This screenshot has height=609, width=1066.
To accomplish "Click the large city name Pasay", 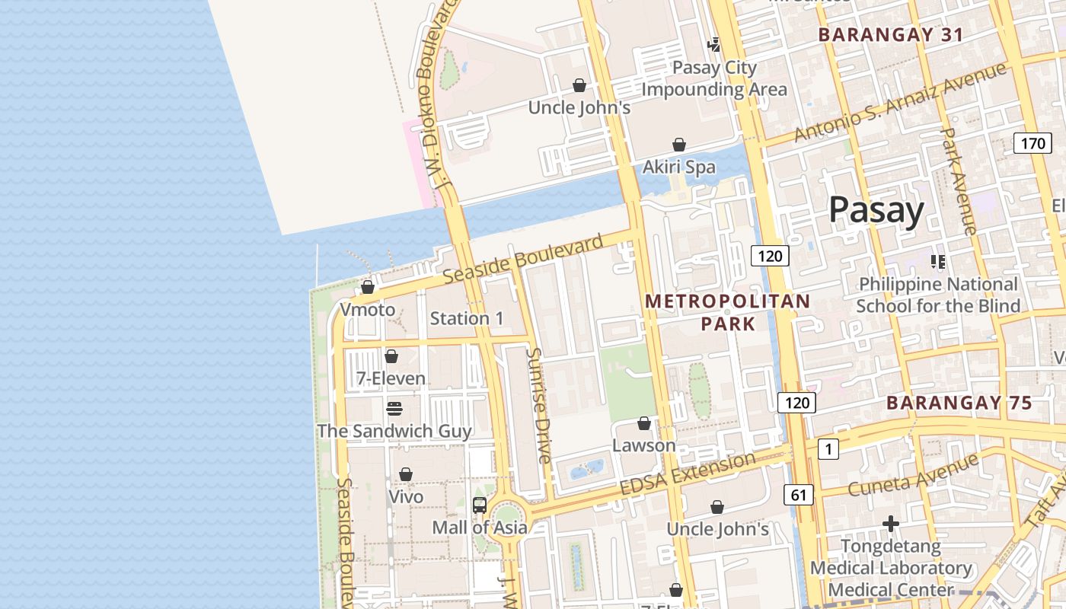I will pyautogui.click(x=876, y=209).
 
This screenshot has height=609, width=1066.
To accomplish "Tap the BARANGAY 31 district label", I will pyautogui.click(x=890, y=34).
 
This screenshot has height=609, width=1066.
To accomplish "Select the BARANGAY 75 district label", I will pyautogui.click(x=959, y=403).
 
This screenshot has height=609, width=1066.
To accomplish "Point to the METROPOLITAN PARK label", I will pyautogui.click(x=727, y=312).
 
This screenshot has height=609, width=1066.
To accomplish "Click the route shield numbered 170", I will pyautogui.click(x=1032, y=143).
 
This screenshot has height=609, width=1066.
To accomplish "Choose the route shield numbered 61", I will pyautogui.click(x=798, y=496).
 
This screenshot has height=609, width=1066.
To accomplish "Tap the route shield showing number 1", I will pyautogui.click(x=828, y=450).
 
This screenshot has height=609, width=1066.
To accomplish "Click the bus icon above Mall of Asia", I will pyautogui.click(x=480, y=505).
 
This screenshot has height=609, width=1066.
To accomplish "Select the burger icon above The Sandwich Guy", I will pyautogui.click(x=394, y=409).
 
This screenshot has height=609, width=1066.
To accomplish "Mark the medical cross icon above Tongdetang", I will pyautogui.click(x=891, y=524).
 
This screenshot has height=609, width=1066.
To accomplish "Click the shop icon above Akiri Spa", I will pyautogui.click(x=678, y=145).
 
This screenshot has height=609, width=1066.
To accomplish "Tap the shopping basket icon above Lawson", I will pyautogui.click(x=644, y=423).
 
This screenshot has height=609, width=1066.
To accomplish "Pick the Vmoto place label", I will pyautogui.click(x=368, y=310).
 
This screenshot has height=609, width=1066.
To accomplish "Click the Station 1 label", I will pyautogui.click(x=467, y=318).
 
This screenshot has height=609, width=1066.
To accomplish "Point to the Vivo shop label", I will pyautogui.click(x=406, y=496).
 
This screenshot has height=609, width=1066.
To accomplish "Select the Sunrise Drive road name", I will pyautogui.click(x=538, y=406).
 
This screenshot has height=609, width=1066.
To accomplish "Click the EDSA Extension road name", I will pyautogui.click(x=688, y=473).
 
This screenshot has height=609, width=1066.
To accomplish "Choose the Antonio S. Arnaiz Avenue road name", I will pyautogui.click(x=899, y=103).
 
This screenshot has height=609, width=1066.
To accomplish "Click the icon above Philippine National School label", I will pyautogui.click(x=937, y=262).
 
